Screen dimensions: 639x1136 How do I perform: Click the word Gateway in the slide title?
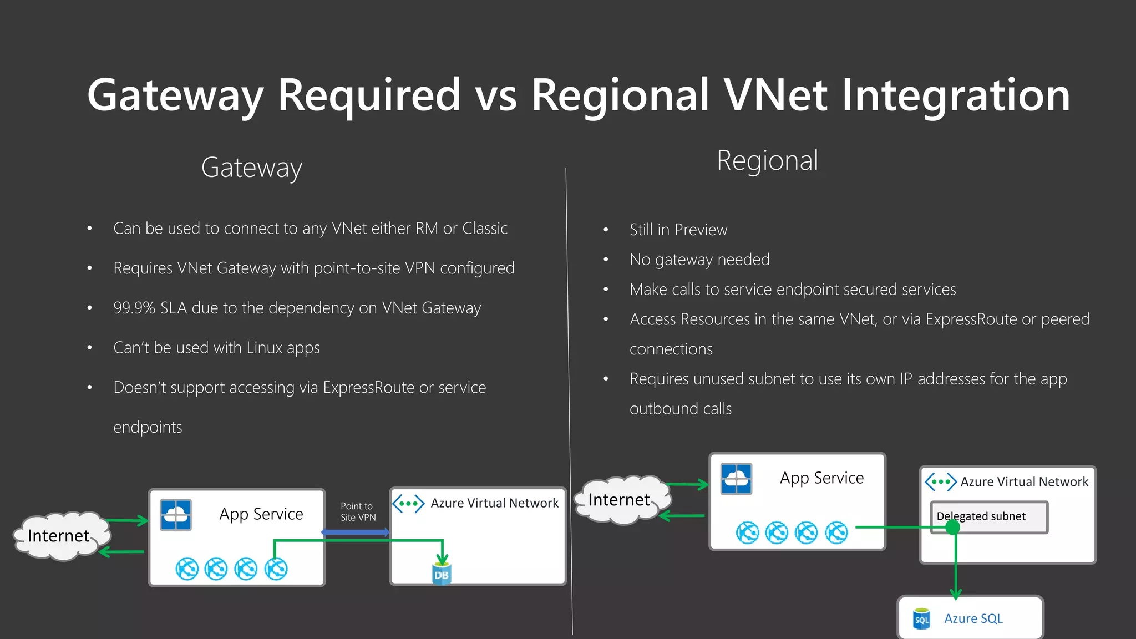click(175, 95)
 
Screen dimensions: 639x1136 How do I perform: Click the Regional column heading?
click(767, 161)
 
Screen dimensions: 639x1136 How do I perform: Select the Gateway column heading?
click(251, 168)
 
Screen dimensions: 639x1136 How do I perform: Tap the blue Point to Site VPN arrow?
click(356, 532)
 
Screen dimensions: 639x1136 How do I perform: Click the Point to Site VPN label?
click(358, 512)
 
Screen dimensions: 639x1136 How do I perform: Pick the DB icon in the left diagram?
click(442, 574)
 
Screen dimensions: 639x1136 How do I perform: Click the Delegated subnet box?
click(989, 517)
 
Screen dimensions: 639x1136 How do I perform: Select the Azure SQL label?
click(973, 618)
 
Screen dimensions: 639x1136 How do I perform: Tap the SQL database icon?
click(921, 619)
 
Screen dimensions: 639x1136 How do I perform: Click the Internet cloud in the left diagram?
click(59, 536)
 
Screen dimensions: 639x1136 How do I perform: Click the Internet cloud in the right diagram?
click(620, 500)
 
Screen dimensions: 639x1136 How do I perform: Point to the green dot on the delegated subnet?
click(952, 527)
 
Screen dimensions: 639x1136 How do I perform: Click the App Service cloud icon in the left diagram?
click(176, 515)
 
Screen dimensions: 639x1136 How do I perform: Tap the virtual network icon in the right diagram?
click(940, 481)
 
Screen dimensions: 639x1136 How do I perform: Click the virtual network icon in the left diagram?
click(408, 504)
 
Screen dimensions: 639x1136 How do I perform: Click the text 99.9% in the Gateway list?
click(134, 308)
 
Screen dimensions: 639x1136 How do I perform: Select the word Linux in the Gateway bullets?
click(265, 348)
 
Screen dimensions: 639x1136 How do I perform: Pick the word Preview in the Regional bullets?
click(701, 230)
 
